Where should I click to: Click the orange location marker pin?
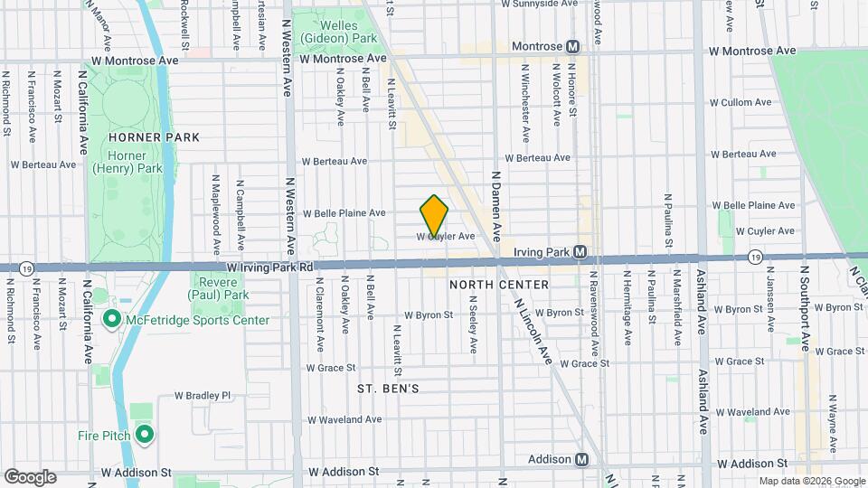pos(434,216)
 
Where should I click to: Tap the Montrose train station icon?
pos(573,46)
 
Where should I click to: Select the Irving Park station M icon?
pos(581,252)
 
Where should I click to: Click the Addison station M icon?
pos(581,459)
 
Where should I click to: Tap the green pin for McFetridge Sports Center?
pos(112,319)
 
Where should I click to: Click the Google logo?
pos(30,476)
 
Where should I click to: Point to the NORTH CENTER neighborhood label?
pos(498,285)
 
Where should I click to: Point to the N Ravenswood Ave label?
pos(594,312)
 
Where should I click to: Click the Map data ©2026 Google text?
pos(810,481)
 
